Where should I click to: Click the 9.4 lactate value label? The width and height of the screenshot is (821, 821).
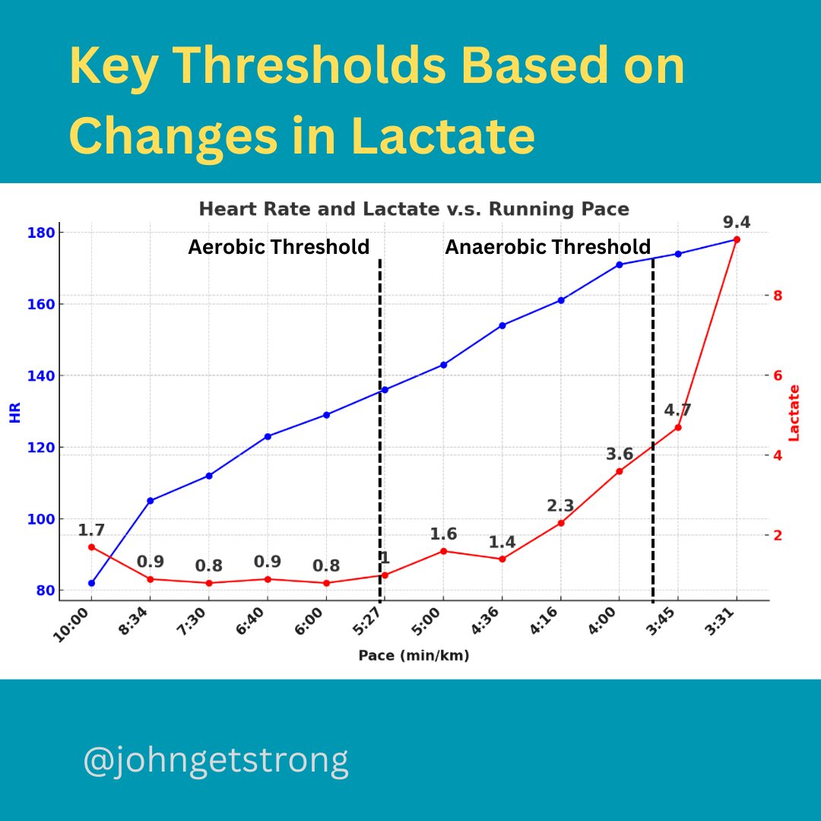pyautogui.click(x=736, y=222)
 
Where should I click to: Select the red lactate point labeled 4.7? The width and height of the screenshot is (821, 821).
pyautogui.click(x=677, y=427)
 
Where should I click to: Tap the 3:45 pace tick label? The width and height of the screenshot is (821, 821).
pyautogui.click(x=667, y=629)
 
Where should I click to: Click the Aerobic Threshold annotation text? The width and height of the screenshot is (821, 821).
pyautogui.click(x=278, y=247)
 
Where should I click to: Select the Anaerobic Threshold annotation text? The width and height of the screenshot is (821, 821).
pyautogui.click(x=547, y=247)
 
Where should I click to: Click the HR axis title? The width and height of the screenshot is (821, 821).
pyautogui.click(x=14, y=414)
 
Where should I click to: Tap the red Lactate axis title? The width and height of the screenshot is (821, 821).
pyautogui.click(x=794, y=413)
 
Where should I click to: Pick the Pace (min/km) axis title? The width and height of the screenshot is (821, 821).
pyautogui.click(x=414, y=655)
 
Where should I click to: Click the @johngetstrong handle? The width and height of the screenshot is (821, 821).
pyautogui.click(x=216, y=761)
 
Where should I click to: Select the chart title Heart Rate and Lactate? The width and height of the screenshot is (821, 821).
pyautogui.click(x=414, y=208)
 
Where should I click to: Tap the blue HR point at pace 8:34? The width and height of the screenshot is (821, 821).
pyautogui.click(x=150, y=500)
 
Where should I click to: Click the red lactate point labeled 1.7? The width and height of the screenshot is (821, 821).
pyautogui.click(x=91, y=547)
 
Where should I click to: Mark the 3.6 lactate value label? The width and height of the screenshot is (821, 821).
pyautogui.click(x=620, y=454)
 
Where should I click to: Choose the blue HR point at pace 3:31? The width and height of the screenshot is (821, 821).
pyautogui.click(x=736, y=239)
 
